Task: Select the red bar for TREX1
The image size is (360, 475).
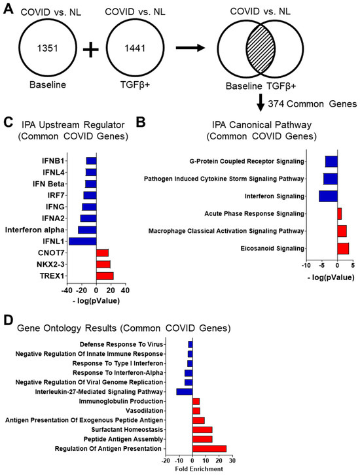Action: coord(105,276)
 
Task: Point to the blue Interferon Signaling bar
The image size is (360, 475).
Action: coord(328,196)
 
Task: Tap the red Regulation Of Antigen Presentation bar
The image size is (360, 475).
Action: coord(209,448)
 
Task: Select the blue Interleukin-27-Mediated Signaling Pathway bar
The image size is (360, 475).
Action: coord(185,392)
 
